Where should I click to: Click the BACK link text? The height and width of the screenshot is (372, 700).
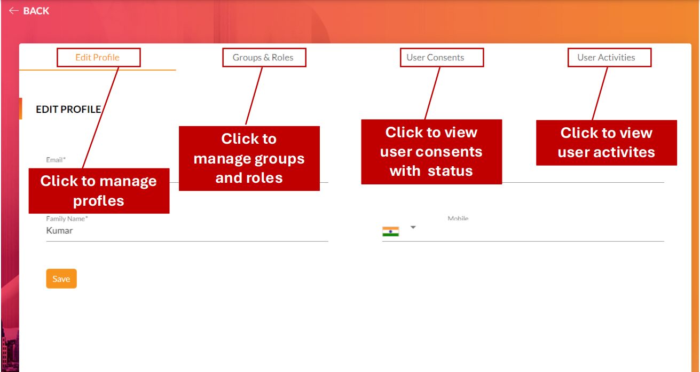point(36,11)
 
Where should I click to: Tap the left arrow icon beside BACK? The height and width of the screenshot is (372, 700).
point(14,11)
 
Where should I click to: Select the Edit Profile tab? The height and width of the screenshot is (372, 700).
point(97,58)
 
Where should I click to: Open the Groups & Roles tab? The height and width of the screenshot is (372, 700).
point(263,58)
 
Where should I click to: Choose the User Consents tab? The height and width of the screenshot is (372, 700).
point(435,58)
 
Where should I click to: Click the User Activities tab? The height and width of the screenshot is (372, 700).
point(606,58)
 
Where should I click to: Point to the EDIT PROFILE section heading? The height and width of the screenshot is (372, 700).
point(68,109)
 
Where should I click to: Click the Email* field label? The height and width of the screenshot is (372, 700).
point(56,160)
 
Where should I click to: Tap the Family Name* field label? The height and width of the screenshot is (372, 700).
point(67,219)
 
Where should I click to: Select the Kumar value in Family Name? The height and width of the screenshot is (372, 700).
point(59,230)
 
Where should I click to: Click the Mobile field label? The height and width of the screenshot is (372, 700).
point(458,219)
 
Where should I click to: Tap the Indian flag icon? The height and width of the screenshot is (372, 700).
point(391,231)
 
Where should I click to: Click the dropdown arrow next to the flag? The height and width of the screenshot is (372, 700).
point(413,228)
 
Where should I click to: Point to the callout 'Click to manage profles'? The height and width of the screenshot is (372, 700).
point(99,191)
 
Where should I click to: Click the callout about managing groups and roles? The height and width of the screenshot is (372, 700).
point(249,158)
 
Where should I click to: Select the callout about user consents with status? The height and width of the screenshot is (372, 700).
point(431,152)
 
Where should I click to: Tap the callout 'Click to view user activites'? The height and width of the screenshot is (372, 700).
point(607,143)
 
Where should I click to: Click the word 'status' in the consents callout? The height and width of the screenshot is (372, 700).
point(450,171)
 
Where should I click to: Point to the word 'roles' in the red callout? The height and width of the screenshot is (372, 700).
point(264,177)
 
